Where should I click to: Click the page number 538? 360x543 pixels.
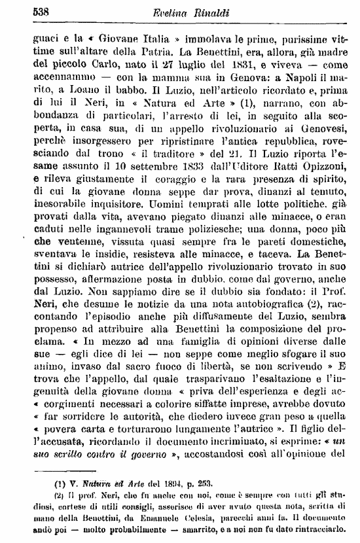[24, 11]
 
